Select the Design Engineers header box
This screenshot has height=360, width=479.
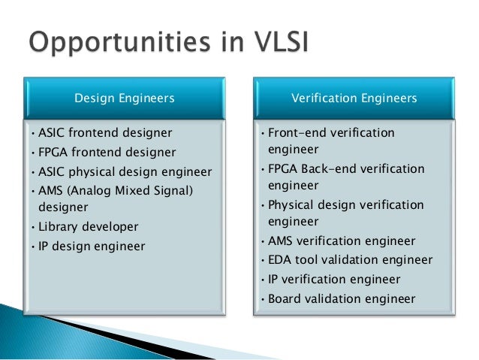[124, 98]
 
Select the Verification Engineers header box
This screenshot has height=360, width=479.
[354, 98]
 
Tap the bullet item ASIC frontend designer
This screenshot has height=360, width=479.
[105, 133]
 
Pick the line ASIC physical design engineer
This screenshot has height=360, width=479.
[125, 171]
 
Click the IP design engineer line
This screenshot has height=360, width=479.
[92, 246]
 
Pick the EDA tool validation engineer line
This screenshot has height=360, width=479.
[350, 260]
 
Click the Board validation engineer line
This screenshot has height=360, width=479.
[341, 298]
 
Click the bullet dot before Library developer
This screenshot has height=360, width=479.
[33, 227]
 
